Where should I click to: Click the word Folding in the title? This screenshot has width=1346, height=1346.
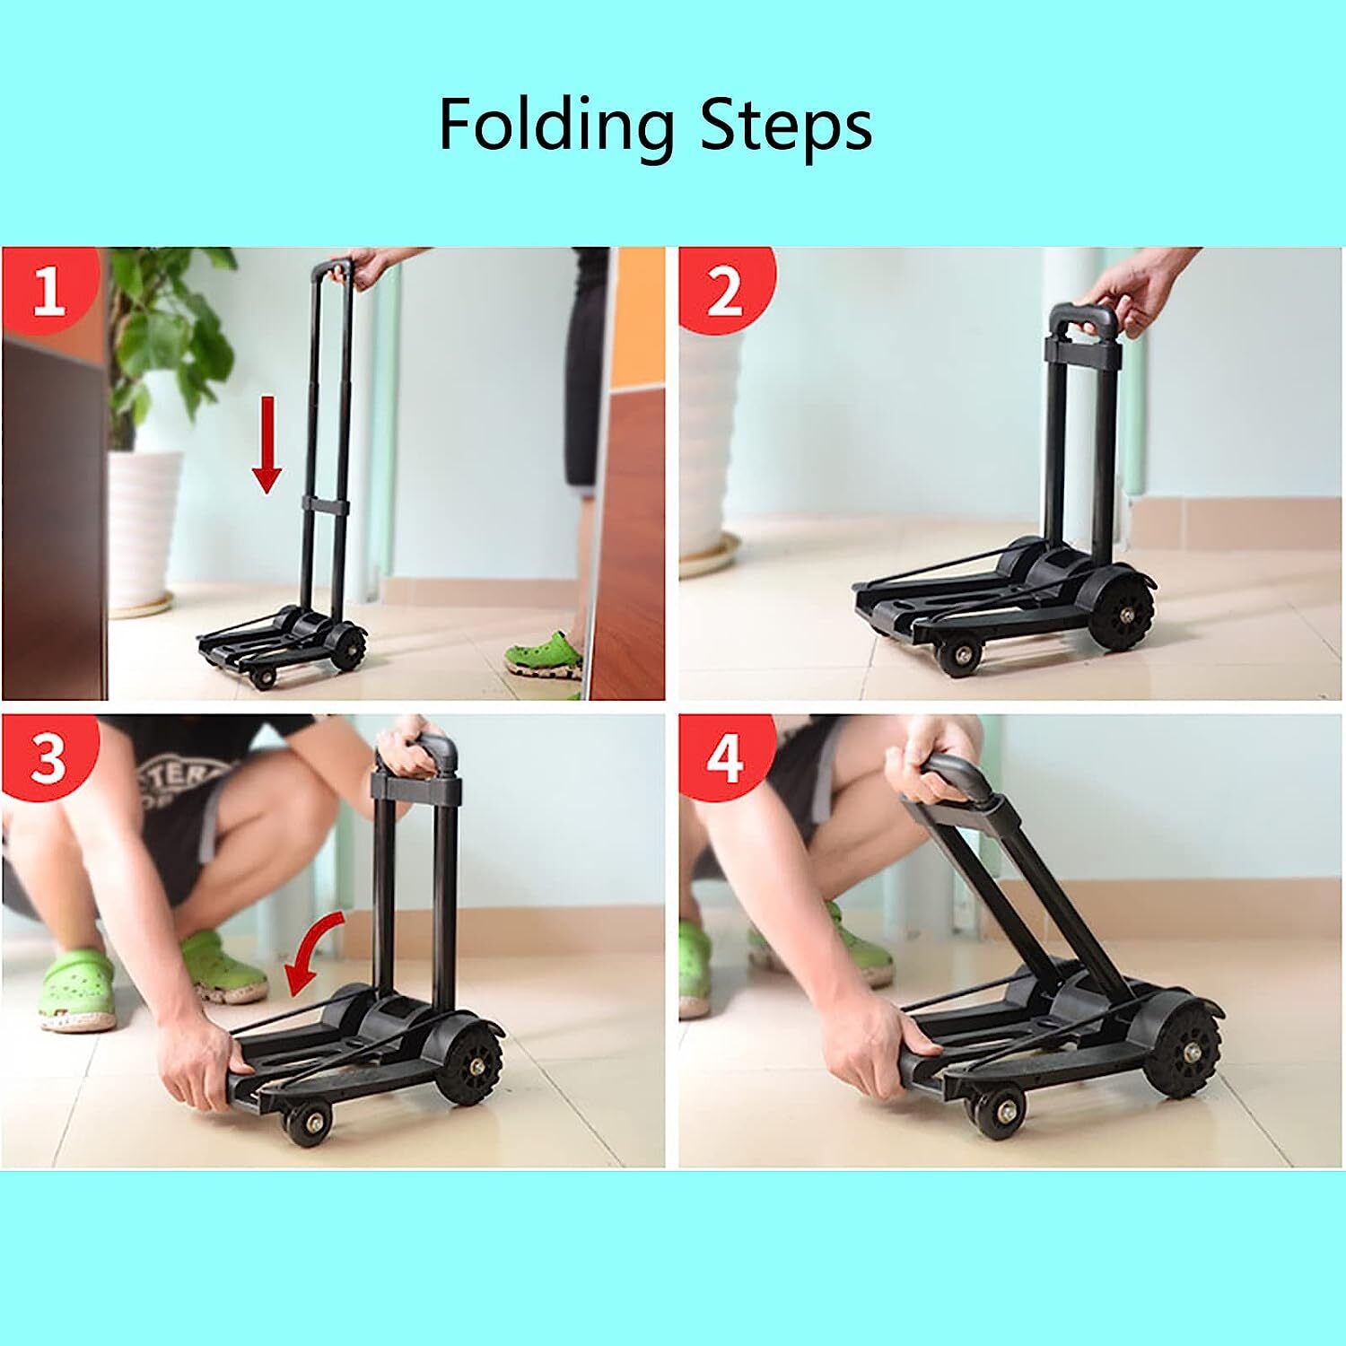555,127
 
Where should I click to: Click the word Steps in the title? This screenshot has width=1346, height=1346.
785,127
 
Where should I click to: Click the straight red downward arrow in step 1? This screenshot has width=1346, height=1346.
267,445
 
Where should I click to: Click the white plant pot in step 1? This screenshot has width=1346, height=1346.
144,529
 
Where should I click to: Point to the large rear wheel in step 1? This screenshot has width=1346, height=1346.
347,647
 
